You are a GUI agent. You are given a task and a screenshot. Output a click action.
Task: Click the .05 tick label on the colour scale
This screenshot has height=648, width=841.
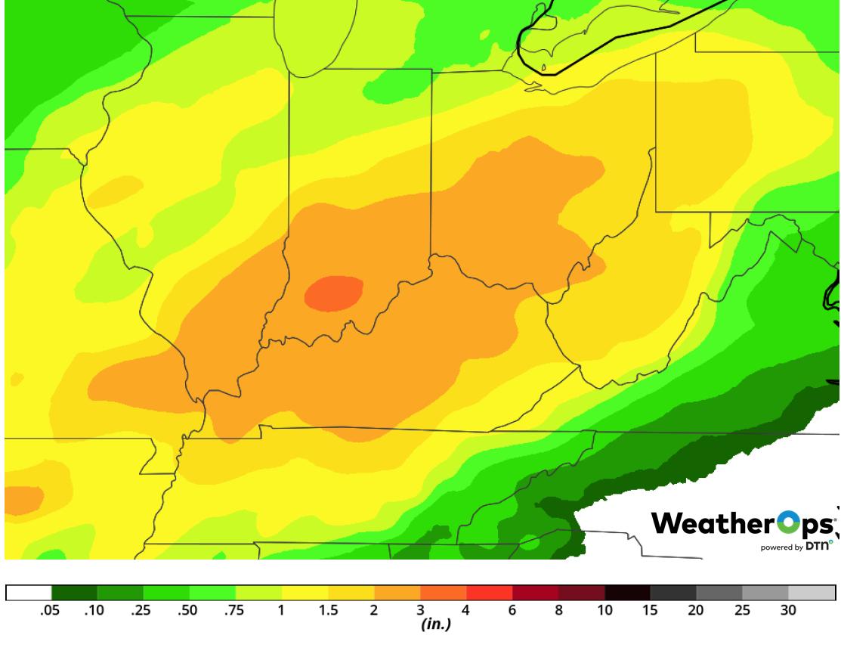click(x=51, y=611)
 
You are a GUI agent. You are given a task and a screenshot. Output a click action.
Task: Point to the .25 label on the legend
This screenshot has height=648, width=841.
click(x=142, y=611)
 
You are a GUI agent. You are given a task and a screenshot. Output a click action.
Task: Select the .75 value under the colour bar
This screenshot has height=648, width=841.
click(x=234, y=611)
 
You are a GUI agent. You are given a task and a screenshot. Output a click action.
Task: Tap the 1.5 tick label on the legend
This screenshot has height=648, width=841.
click(x=327, y=611)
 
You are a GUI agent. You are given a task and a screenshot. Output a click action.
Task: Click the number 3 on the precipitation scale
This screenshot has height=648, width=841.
click(x=420, y=611)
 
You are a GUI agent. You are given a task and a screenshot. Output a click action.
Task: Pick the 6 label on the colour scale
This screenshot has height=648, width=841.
click(x=512, y=611)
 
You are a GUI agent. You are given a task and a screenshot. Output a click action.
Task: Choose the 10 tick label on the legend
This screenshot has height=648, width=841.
click(x=604, y=611)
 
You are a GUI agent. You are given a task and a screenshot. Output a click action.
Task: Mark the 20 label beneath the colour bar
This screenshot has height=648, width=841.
click(x=696, y=611)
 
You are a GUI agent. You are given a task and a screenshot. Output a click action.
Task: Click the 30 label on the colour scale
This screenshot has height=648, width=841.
click(x=789, y=611)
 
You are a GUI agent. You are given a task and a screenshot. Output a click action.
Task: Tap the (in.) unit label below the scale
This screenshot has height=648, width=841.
click(x=435, y=625)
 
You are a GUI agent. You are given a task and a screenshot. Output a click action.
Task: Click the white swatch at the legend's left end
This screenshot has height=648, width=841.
click(x=29, y=593)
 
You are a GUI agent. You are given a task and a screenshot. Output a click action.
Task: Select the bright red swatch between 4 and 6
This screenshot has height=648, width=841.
click(x=490, y=593)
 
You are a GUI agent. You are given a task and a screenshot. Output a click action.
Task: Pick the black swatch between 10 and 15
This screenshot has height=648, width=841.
click(x=627, y=593)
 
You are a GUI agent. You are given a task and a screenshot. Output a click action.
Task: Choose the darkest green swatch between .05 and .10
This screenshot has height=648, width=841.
click(x=74, y=593)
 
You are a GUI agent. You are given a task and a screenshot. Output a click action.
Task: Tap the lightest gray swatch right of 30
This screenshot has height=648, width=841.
click(x=812, y=593)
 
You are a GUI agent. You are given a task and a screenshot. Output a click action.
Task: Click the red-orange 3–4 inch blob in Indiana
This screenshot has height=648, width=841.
click(x=333, y=293)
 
